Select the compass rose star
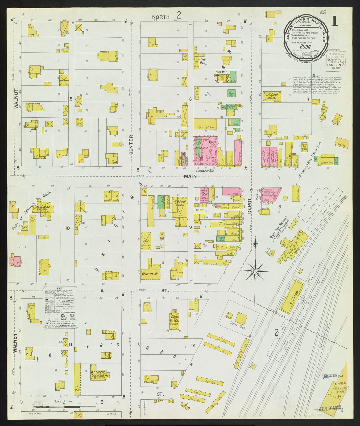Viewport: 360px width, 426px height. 255,271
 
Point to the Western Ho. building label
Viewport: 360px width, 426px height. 150,274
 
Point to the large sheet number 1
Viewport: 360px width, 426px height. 334,21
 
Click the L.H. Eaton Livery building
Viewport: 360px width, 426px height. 272,96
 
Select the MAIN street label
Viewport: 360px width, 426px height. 190,176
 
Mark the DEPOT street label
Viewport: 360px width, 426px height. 249,206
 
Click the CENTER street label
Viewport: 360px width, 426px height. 131,145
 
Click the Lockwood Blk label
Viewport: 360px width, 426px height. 205,170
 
